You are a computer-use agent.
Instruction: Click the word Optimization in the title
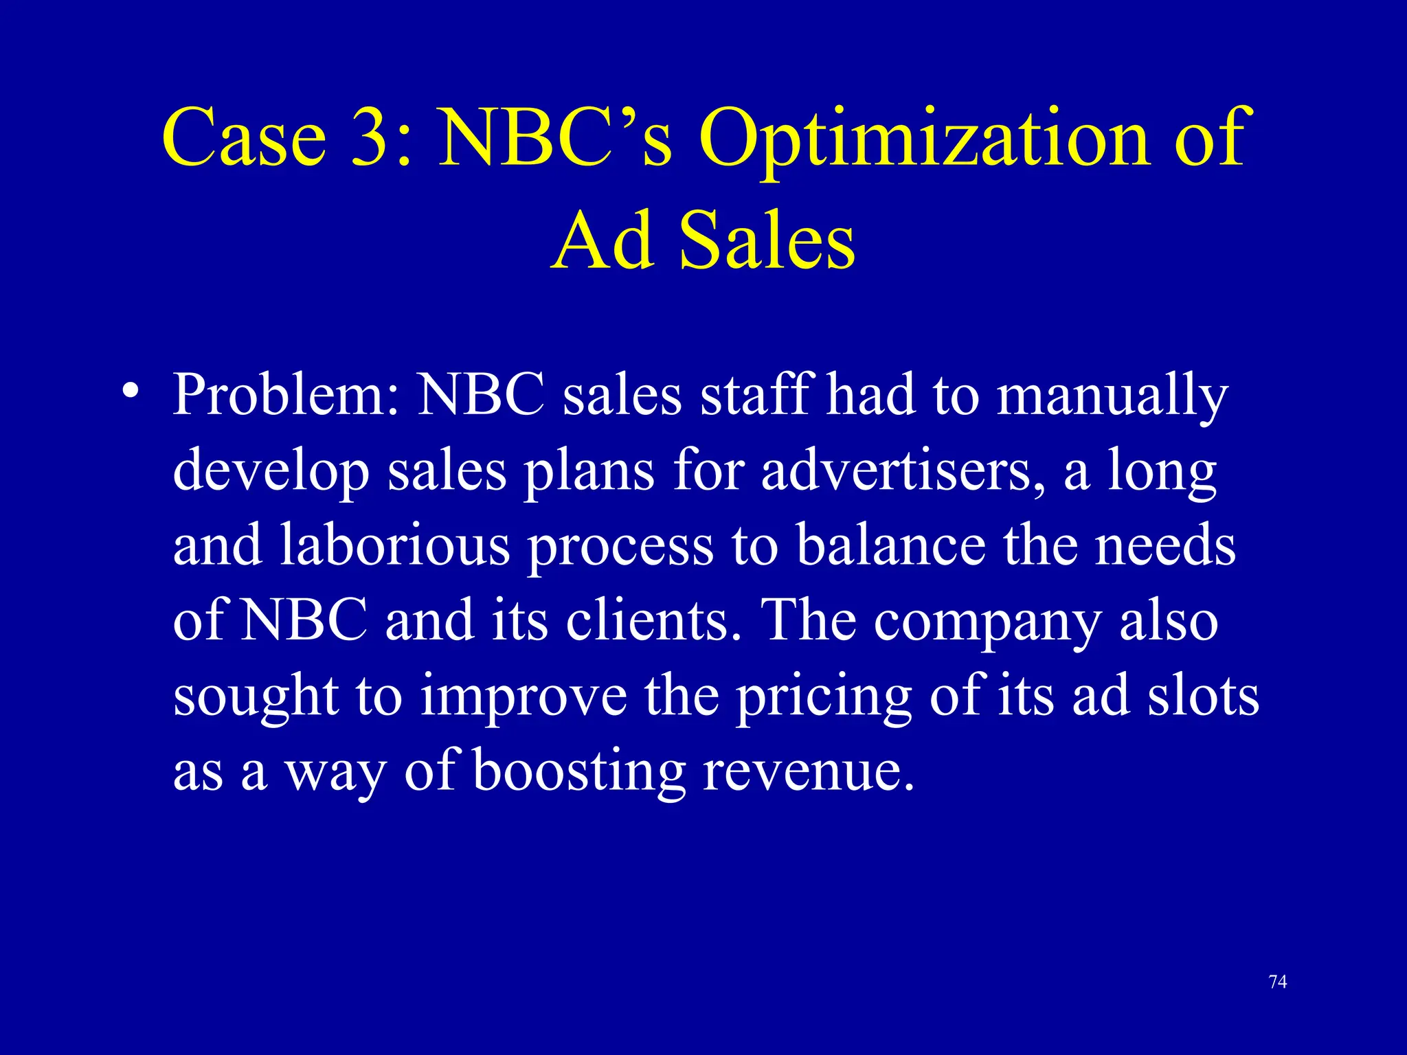coord(924,139)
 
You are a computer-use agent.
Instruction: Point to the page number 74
coord(1278,982)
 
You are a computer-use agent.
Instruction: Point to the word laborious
coord(395,546)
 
